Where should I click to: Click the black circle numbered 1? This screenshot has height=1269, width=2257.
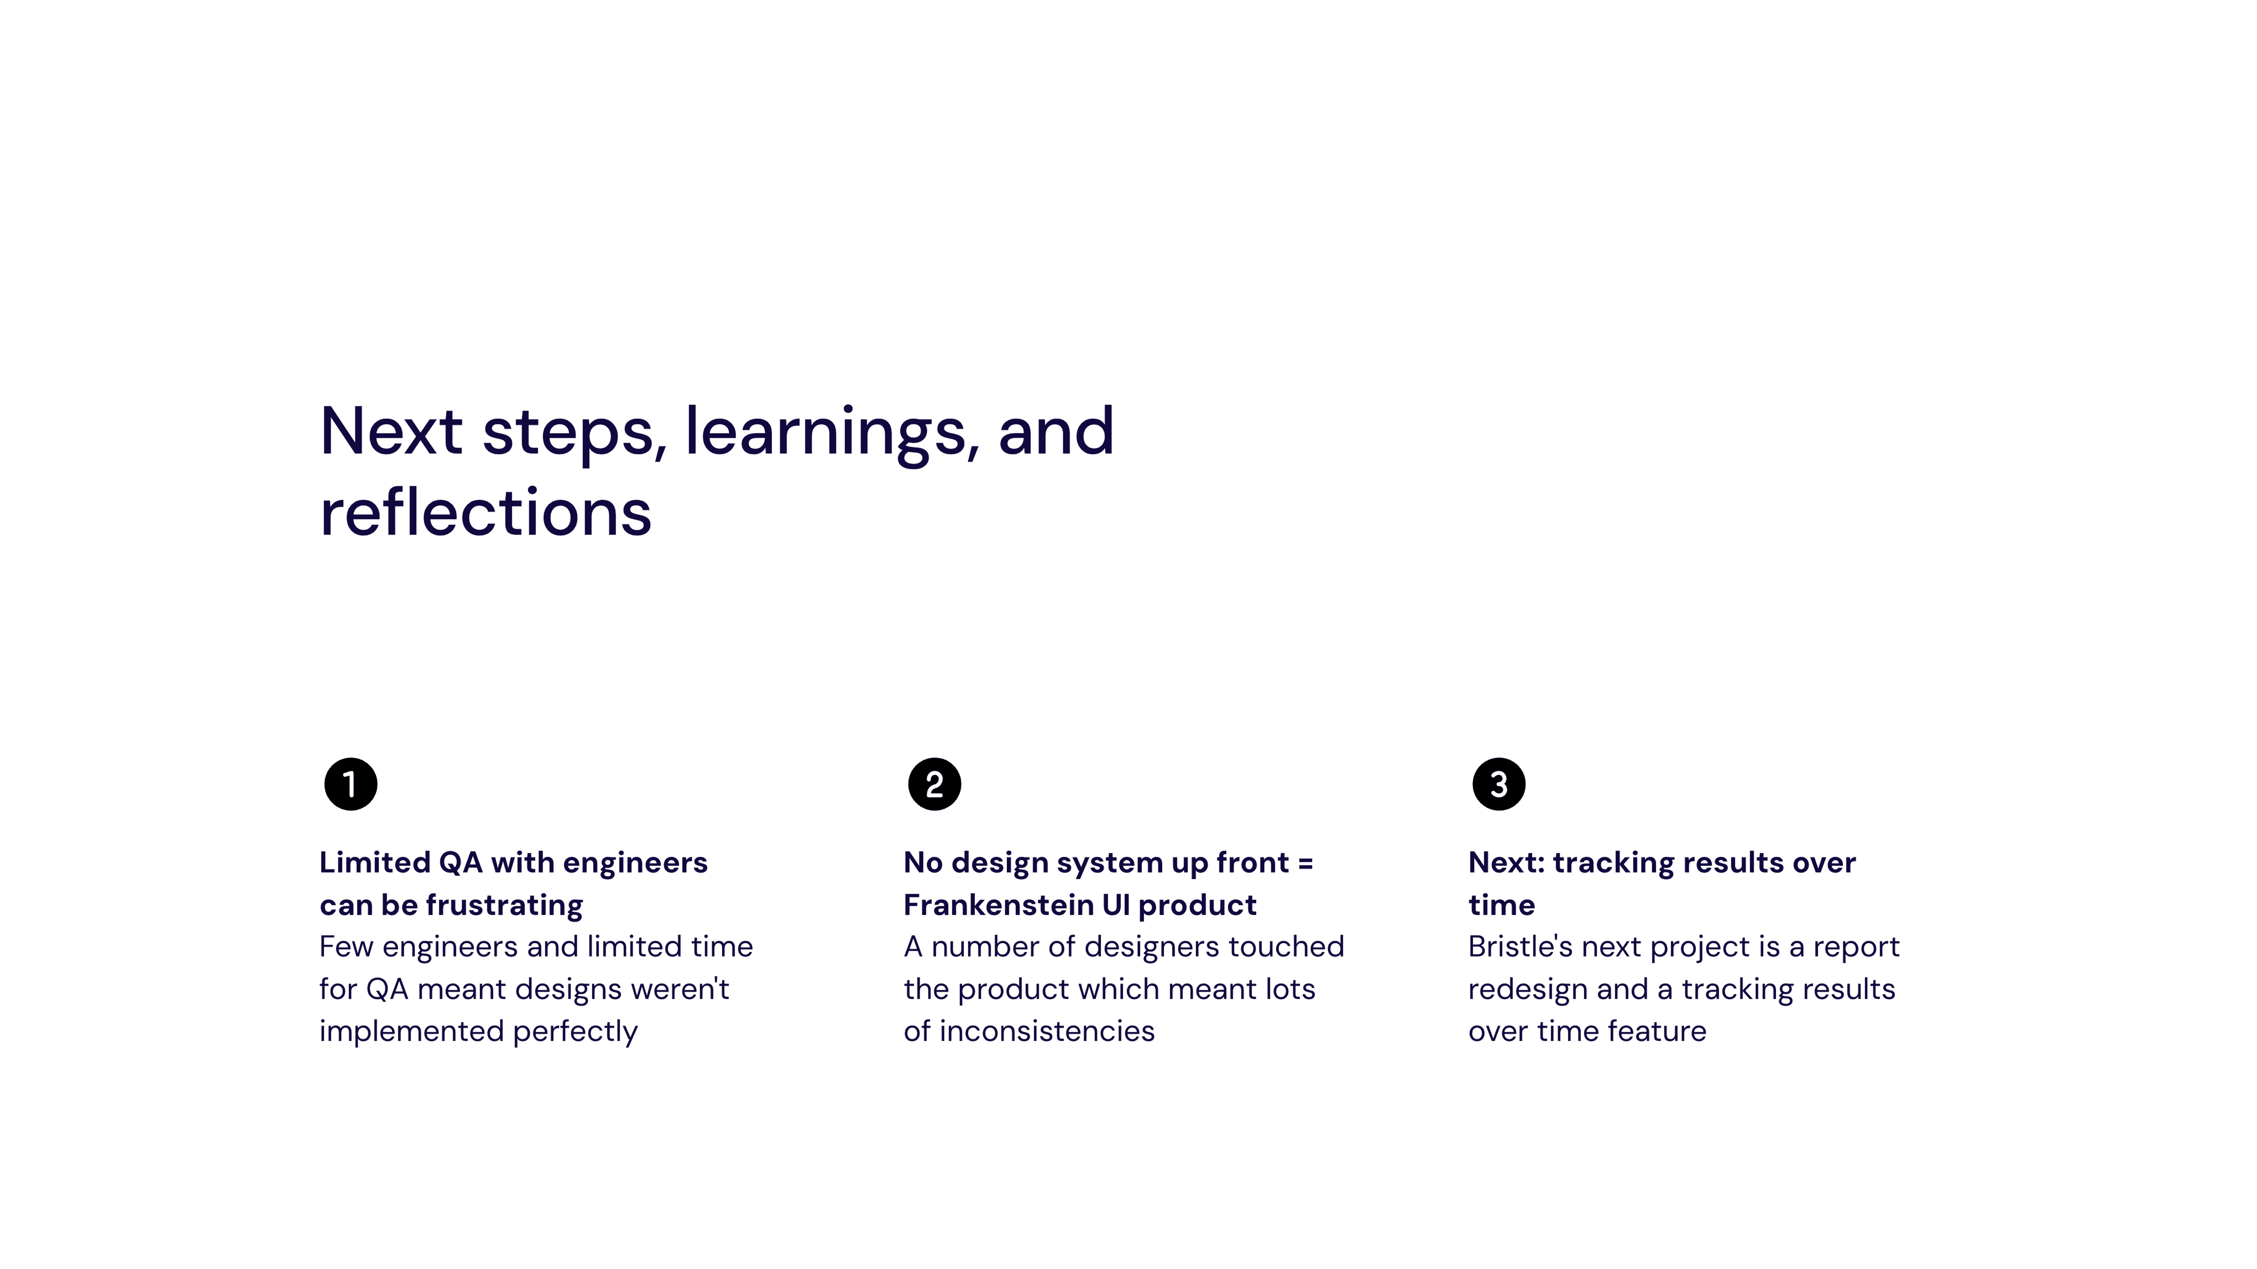point(350,784)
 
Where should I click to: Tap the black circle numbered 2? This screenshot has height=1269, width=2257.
point(934,784)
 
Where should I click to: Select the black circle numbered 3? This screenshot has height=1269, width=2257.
point(1498,784)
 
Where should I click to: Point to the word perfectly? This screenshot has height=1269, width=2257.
point(575,1032)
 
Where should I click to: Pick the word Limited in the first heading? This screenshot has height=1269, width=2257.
point(375,863)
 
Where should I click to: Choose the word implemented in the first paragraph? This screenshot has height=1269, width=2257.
point(412,1032)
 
